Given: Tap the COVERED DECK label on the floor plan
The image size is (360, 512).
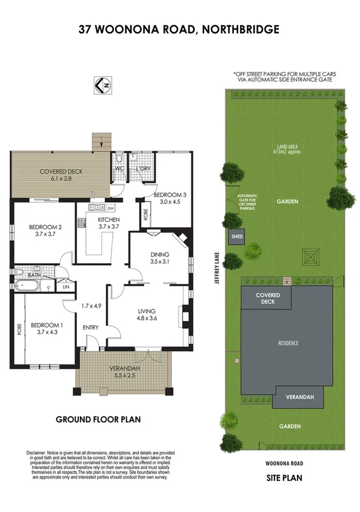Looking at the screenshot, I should point(61,172).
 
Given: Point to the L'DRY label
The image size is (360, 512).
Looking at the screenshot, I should point(143,168).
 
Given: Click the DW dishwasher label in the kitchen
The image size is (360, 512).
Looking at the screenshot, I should point(110,208).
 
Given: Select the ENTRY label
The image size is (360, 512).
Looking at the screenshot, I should point(91,328).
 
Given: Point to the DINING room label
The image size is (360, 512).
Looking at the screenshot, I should point(159,254).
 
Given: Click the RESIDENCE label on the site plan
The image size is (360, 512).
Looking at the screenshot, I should point(288,343).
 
